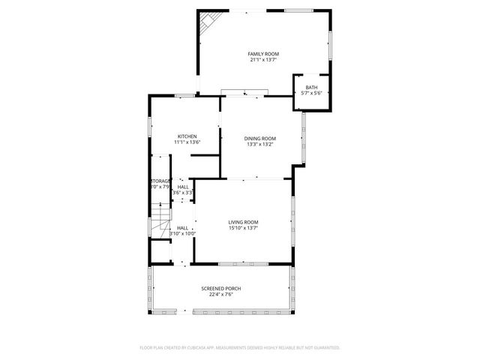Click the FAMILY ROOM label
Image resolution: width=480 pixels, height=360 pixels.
[263, 54]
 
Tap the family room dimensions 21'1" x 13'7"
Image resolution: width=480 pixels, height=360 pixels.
[263, 60]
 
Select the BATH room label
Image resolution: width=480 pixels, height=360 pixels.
[310, 88]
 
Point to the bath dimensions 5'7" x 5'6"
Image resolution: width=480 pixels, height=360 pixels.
[310, 94]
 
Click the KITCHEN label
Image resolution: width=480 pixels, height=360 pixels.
[187, 136]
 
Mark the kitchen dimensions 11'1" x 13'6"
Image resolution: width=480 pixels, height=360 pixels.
[187, 142]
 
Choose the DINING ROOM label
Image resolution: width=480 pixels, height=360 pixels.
[260, 138]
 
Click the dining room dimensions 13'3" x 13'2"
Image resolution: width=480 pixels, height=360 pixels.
[260, 144]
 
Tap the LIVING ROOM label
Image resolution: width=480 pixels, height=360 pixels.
[244, 222]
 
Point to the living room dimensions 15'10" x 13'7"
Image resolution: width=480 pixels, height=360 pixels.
[244, 228]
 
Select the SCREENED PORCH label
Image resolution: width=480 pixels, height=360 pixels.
[220, 289]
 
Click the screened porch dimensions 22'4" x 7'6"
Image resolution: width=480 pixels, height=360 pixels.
[220, 295]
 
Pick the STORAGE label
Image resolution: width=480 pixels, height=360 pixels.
[160, 181]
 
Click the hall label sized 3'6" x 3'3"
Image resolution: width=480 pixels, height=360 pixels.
[183, 187]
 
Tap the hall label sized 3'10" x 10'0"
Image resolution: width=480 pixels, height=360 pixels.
[182, 228]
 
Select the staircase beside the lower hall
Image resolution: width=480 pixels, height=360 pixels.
[159, 221]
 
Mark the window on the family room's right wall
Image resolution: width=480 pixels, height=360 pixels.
[330, 49]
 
